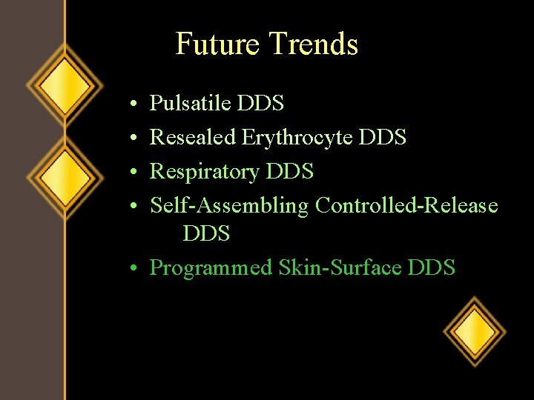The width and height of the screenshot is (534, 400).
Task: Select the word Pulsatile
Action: pyautogui.click(x=190, y=104)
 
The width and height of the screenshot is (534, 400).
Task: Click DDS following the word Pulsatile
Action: pyautogui.click(x=260, y=104)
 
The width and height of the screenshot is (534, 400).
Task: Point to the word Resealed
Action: pyautogui.click(x=193, y=137)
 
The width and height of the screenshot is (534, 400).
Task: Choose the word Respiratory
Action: pyautogui.click(x=205, y=172)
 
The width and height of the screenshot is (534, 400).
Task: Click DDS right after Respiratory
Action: pyautogui.click(x=290, y=172)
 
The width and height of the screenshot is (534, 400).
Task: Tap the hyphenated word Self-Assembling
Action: pyautogui.click(x=229, y=206)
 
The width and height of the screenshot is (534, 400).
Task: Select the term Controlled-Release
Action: pyautogui.click(x=406, y=205)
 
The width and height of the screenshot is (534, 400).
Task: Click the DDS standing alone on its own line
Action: pyautogui.click(x=206, y=234)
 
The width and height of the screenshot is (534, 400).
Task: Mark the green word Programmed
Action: pyautogui.click(x=211, y=268)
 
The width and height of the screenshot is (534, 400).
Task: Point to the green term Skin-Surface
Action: pyautogui.click(x=340, y=267)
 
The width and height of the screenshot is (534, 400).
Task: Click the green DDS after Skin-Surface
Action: pyautogui.click(x=432, y=267)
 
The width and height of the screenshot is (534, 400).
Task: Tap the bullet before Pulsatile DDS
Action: pyautogui.click(x=131, y=104)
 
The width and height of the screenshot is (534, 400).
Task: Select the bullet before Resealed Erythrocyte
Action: pyautogui.click(x=131, y=138)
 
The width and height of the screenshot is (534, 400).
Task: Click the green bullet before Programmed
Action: pyautogui.click(x=131, y=268)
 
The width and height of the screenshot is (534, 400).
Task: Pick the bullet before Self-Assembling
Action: pyautogui.click(x=131, y=206)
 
